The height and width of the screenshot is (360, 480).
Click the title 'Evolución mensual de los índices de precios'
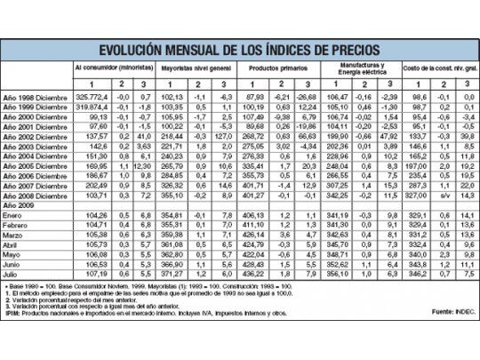pyautogui.click(x=240, y=48)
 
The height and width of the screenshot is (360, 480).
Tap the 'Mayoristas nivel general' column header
pyautogui.click(x=191, y=67)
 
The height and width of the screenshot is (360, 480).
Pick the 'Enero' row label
pyautogui.click(x=18, y=215)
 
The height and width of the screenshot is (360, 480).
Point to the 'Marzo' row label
pyautogui.click(x=18, y=235)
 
